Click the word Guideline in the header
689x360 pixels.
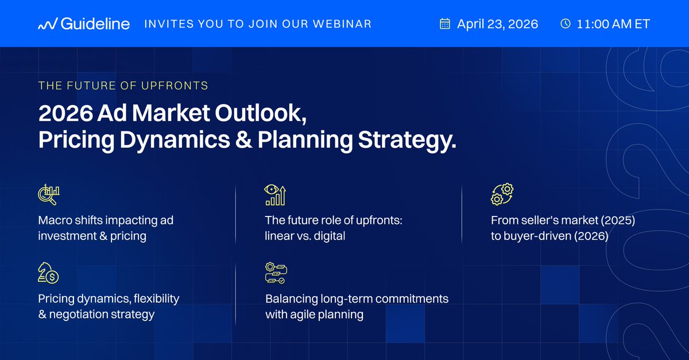coord(95,24)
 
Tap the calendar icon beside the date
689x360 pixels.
coord(444,24)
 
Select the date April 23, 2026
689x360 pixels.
coord(497,24)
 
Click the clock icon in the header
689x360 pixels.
coord(565,24)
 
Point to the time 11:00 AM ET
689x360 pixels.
coord(614,24)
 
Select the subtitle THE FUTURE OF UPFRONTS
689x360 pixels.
coord(123,86)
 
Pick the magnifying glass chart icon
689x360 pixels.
coord(48,195)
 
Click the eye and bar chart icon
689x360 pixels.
coord(276,195)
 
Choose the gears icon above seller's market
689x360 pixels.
coord(502,195)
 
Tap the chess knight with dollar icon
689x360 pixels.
coord(48,274)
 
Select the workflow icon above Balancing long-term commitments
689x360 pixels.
coord(276,274)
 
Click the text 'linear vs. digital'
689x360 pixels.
coord(305,236)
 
